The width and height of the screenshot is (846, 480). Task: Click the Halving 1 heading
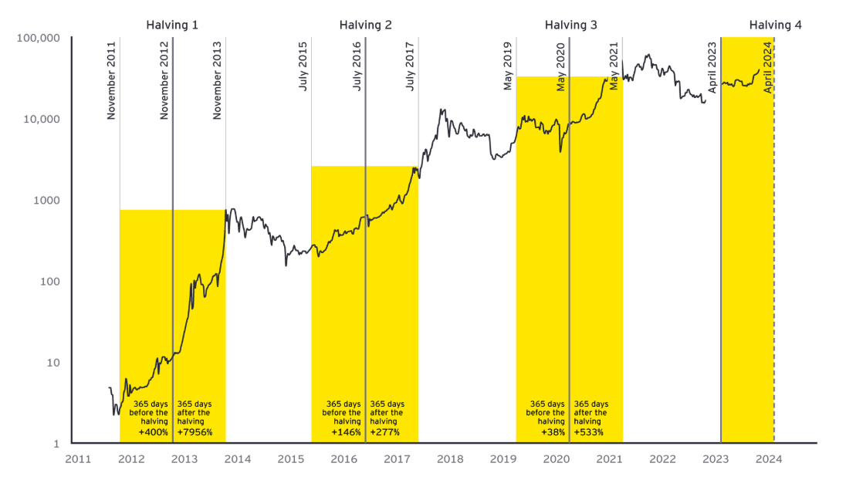pos(172,25)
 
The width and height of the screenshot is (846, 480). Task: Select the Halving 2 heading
pos(365,25)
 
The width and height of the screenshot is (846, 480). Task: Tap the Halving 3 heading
pos(570,25)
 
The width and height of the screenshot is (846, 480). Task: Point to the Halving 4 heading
pos(775,25)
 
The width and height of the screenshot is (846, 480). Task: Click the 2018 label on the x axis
pos(450,459)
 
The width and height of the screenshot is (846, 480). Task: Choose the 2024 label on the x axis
pos(769,459)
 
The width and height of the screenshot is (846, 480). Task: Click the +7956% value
pos(195,432)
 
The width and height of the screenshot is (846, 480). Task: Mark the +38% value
pos(553,432)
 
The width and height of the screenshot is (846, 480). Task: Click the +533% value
pos(589,432)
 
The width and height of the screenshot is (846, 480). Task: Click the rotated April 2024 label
pos(768,67)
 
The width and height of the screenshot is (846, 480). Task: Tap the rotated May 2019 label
pos(508,65)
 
